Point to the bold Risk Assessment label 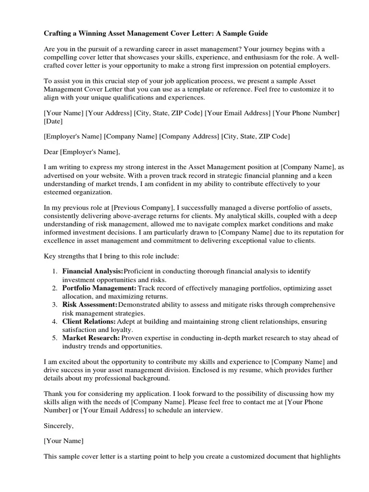pos(90,305)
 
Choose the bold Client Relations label pos(89,321)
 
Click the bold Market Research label pos(91,338)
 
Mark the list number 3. pos(55,305)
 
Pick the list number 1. pos(55,271)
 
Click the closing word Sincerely pos(59,425)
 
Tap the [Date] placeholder pos(53,122)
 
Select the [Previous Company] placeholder pos(142,208)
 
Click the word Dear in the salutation pos(51,152)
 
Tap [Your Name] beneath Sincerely pos(63,441)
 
